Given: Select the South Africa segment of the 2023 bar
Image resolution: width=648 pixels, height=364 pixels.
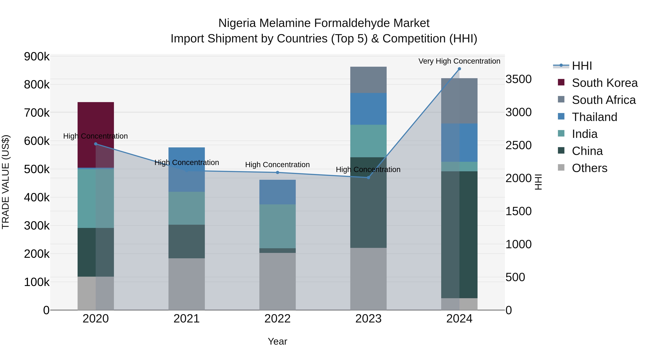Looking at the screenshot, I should click(368, 80).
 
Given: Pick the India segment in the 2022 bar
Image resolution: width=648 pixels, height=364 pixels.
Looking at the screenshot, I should click(277, 226).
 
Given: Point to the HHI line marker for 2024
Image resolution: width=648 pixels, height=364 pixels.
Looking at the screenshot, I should click(459, 69).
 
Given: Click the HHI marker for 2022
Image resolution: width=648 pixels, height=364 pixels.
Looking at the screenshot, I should click(277, 173).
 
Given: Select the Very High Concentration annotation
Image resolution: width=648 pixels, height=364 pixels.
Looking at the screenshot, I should click(459, 61).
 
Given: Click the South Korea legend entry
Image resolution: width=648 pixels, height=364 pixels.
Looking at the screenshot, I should click(604, 83).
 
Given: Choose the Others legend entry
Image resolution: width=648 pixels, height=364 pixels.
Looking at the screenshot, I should click(589, 168).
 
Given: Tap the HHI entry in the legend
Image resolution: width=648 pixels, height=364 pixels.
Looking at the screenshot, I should click(582, 66).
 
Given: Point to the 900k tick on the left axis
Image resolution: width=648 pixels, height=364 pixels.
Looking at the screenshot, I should click(37, 57).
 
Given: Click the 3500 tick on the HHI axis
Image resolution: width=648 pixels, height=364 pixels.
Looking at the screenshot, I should click(518, 79).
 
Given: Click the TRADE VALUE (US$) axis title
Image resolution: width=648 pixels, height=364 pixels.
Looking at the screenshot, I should click(6, 182).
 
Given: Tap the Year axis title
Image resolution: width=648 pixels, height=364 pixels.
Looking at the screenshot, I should click(277, 341).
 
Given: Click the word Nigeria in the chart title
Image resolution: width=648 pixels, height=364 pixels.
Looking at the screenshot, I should click(237, 23).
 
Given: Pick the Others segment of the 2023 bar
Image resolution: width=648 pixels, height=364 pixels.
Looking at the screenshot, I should click(368, 279).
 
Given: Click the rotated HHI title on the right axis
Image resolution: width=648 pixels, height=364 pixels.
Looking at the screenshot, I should click(538, 182).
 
